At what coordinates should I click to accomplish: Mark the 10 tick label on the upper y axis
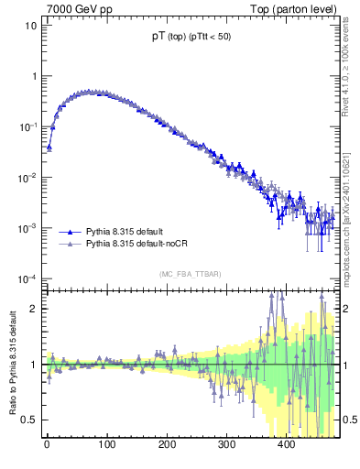tap(30, 26)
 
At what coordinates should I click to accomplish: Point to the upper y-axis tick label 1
tap(33, 76)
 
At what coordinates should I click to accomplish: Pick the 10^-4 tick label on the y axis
tap(27, 278)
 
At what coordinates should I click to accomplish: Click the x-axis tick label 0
tap(47, 446)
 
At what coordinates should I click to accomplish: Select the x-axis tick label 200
tap(166, 446)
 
